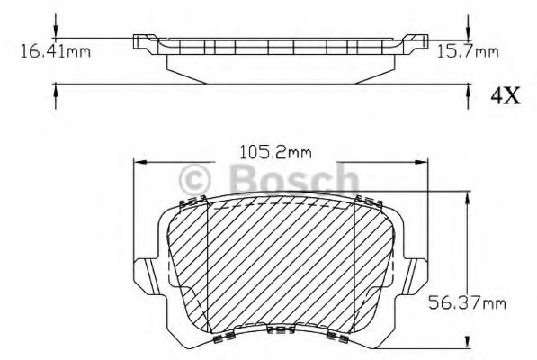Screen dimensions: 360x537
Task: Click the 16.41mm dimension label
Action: (55, 50)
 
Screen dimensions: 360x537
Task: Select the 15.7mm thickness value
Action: (467, 50)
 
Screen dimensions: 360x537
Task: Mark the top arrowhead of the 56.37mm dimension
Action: (466, 197)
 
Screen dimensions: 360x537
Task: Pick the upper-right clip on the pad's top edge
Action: (365, 200)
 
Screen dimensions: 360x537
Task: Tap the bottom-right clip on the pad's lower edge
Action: (337, 337)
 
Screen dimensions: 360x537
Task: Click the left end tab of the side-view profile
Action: (142, 40)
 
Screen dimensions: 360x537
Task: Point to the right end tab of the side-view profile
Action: (415, 40)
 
